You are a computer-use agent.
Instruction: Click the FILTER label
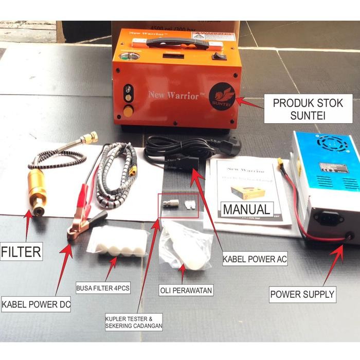pos(21,253)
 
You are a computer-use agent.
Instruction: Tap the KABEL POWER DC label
pos(36,304)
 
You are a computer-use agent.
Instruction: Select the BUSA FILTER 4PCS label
pos(103,287)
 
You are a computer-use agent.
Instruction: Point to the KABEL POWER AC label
pos(255,259)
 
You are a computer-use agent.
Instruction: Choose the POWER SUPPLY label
pos(303,295)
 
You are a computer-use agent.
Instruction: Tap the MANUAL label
pos(246,209)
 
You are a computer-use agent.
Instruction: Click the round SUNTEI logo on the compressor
pos(222,95)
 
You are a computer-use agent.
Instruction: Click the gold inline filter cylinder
pos(37,188)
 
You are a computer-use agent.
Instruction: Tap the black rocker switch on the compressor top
pos(220,56)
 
